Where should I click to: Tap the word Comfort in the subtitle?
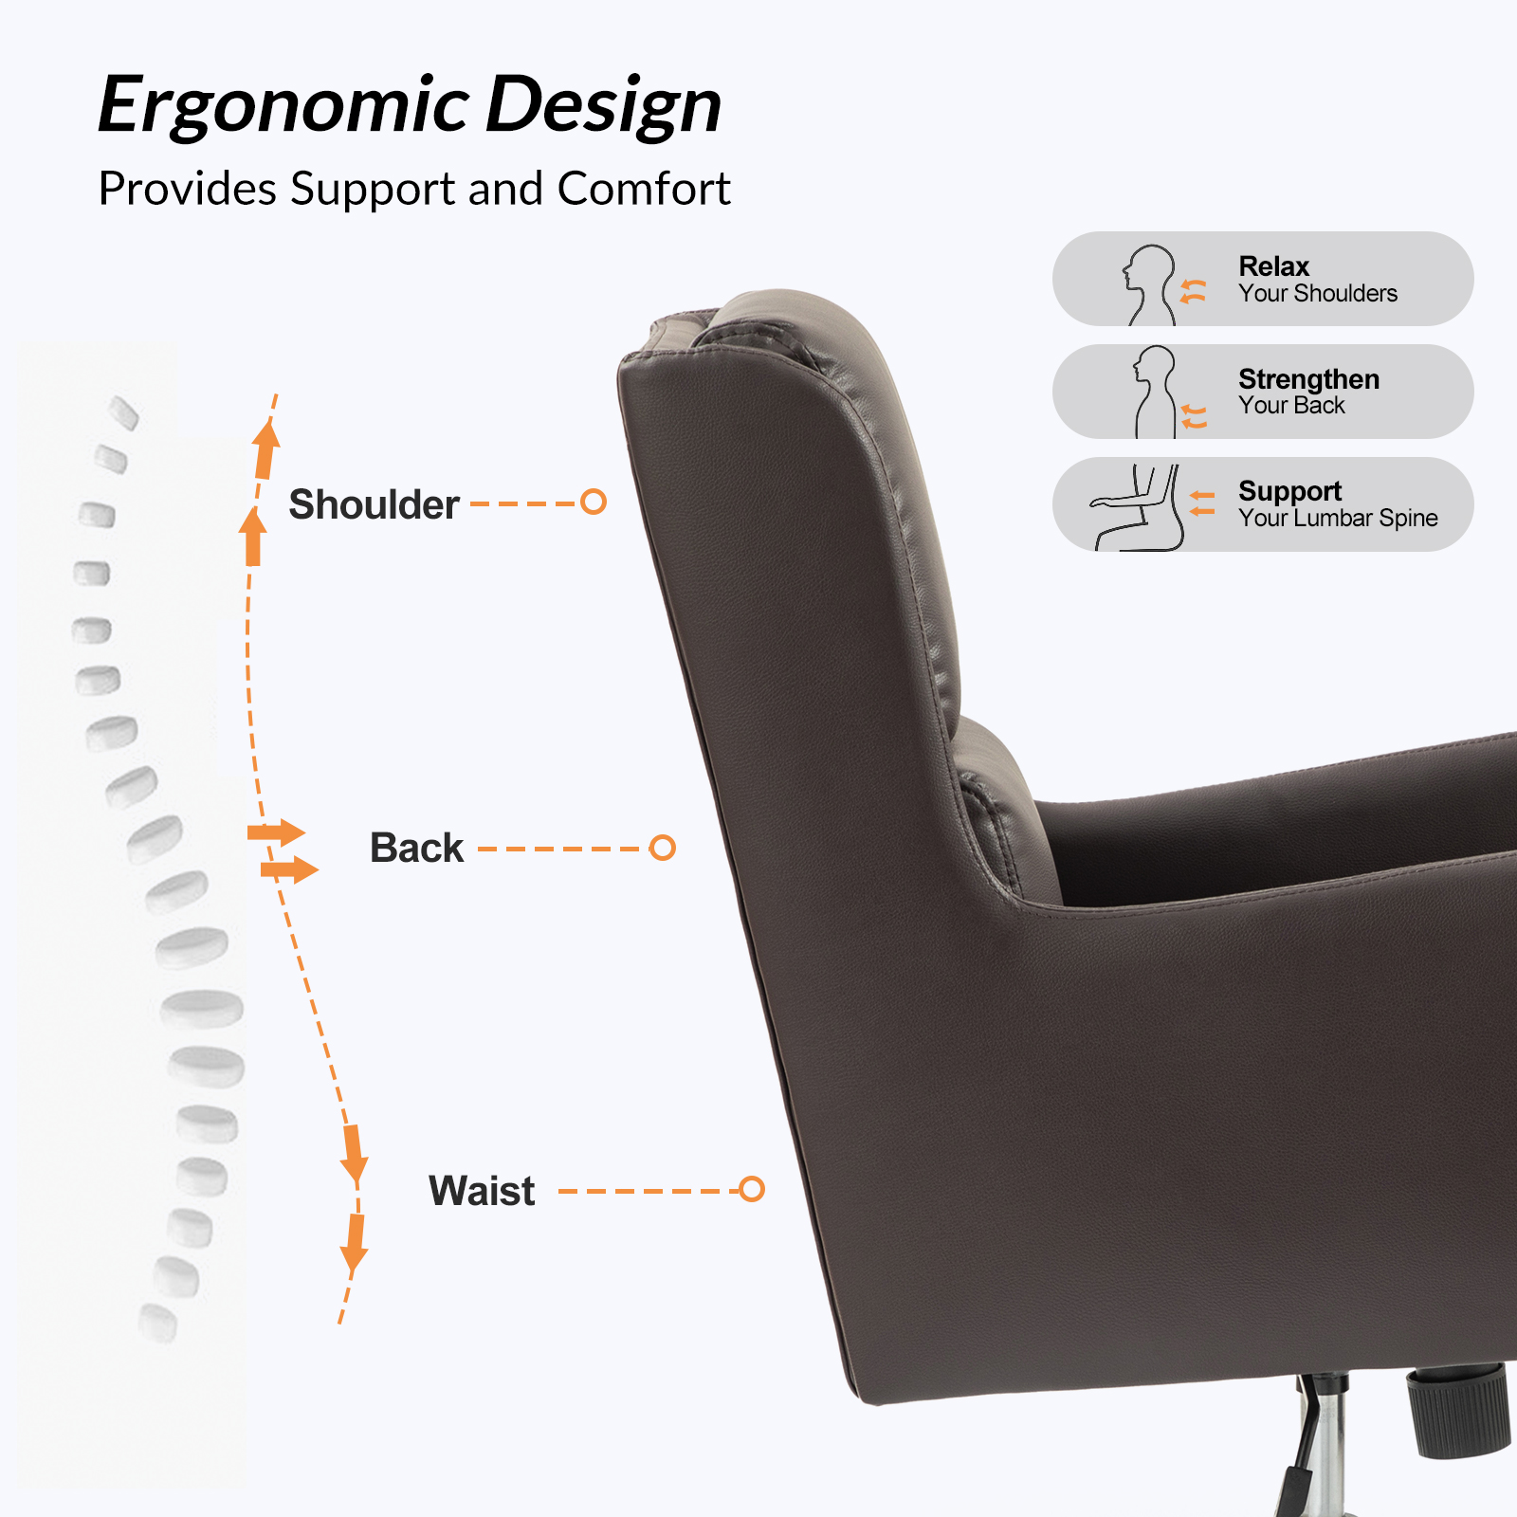[644, 189]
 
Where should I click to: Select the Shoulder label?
[374, 504]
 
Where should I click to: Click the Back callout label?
[416, 848]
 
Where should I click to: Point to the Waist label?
[482, 1191]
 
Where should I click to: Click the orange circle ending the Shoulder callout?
[594, 502]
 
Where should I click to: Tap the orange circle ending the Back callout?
[663, 848]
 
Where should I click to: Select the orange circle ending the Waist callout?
[752, 1189]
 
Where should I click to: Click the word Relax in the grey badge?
[1273, 266]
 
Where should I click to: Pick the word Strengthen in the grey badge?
[1308, 379]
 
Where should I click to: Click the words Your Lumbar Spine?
[1338, 518]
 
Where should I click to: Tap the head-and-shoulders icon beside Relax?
[1149, 284]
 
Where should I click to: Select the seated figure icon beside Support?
[1138, 508]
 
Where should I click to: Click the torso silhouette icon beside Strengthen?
[1155, 391]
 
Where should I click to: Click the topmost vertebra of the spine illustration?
[124, 412]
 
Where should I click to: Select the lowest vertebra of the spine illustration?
[157, 1324]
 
